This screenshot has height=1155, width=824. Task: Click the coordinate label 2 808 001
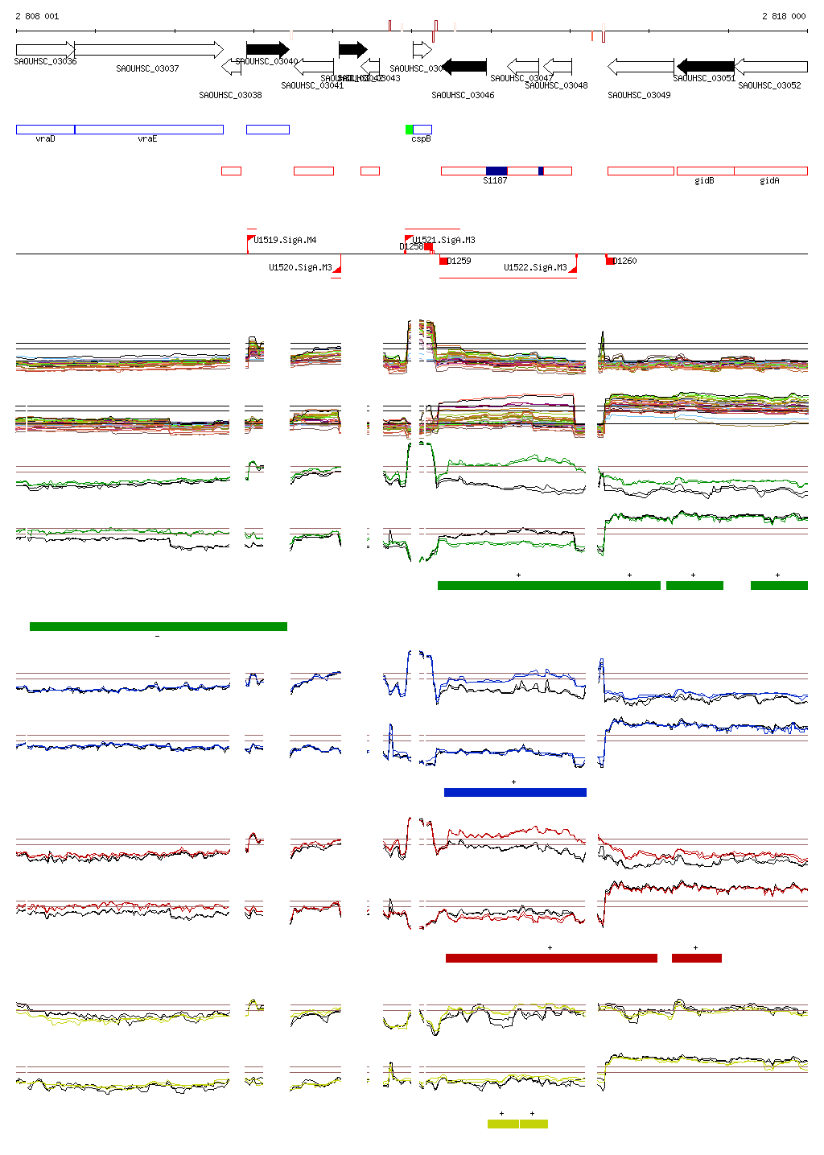click(x=37, y=16)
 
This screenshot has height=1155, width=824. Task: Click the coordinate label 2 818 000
click(x=783, y=16)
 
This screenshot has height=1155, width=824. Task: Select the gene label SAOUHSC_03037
click(x=147, y=69)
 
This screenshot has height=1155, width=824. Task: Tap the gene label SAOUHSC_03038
click(x=230, y=95)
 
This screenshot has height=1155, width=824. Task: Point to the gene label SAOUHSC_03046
click(x=463, y=95)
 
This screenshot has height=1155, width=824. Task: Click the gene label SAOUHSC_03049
click(x=639, y=95)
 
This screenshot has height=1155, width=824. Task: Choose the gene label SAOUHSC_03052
click(x=769, y=85)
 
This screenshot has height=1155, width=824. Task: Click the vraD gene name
click(x=45, y=139)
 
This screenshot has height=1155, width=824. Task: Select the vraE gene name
click(x=147, y=139)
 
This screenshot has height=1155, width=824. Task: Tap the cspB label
click(x=421, y=139)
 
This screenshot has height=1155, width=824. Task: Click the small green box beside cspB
click(x=409, y=130)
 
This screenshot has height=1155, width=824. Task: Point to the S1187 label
click(x=495, y=181)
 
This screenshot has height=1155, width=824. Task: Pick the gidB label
click(x=704, y=181)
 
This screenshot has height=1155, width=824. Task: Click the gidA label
click(x=769, y=181)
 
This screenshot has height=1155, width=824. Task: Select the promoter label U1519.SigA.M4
click(x=285, y=240)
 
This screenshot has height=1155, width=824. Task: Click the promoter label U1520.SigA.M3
click(x=300, y=267)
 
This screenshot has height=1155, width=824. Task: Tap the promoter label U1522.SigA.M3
click(x=535, y=267)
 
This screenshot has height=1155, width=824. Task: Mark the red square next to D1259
click(x=443, y=261)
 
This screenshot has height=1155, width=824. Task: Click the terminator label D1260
click(x=625, y=261)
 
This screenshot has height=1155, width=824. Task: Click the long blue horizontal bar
click(x=515, y=793)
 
